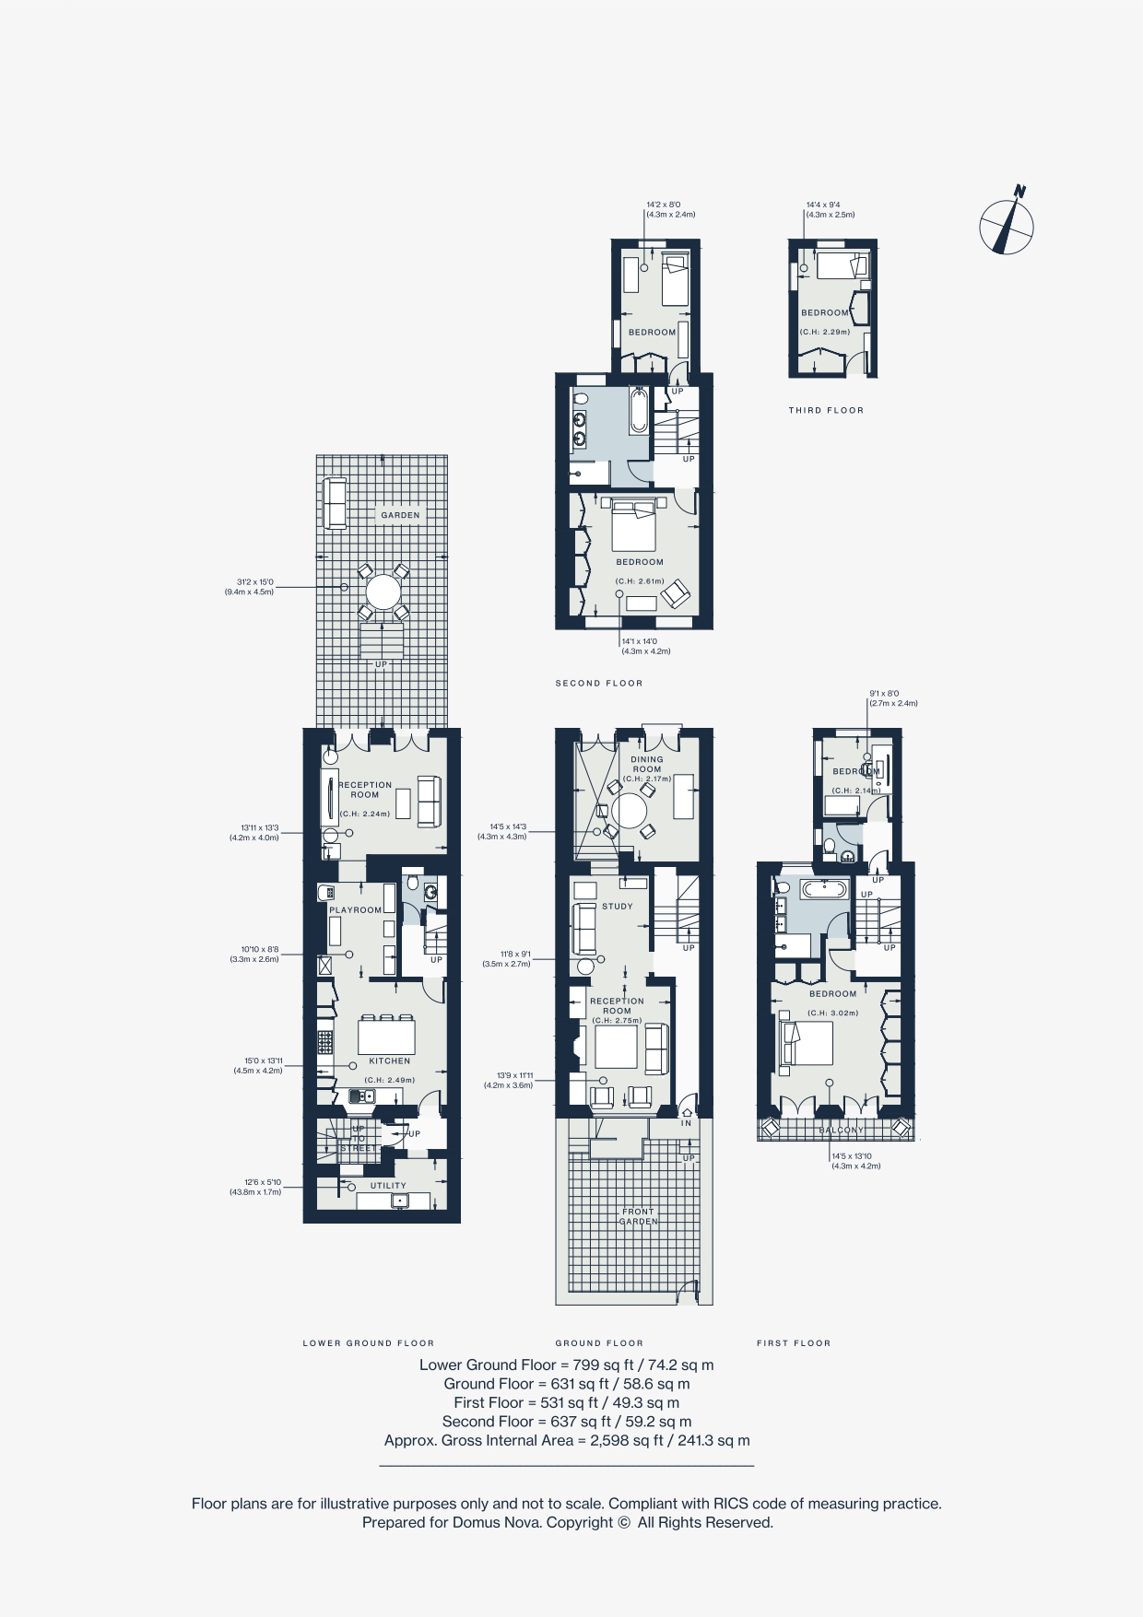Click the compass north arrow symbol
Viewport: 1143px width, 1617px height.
(1006, 223)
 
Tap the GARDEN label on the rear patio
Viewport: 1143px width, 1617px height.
(400, 515)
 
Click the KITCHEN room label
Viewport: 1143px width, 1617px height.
(389, 1060)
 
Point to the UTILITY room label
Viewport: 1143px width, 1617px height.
(388, 1186)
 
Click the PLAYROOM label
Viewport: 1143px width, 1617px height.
(355, 909)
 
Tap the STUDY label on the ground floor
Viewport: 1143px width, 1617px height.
(617, 906)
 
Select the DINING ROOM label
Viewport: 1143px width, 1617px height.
(646, 765)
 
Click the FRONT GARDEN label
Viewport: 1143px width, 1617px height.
(638, 1216)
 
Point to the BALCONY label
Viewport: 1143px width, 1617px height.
(841, 1130)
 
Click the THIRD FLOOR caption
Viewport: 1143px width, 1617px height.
(826, 410)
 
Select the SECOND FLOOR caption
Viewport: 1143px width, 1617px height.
(598, 683)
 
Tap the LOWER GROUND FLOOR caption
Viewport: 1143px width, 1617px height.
(368, 1342)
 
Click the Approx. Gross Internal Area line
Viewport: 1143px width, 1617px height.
(567, 1440)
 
